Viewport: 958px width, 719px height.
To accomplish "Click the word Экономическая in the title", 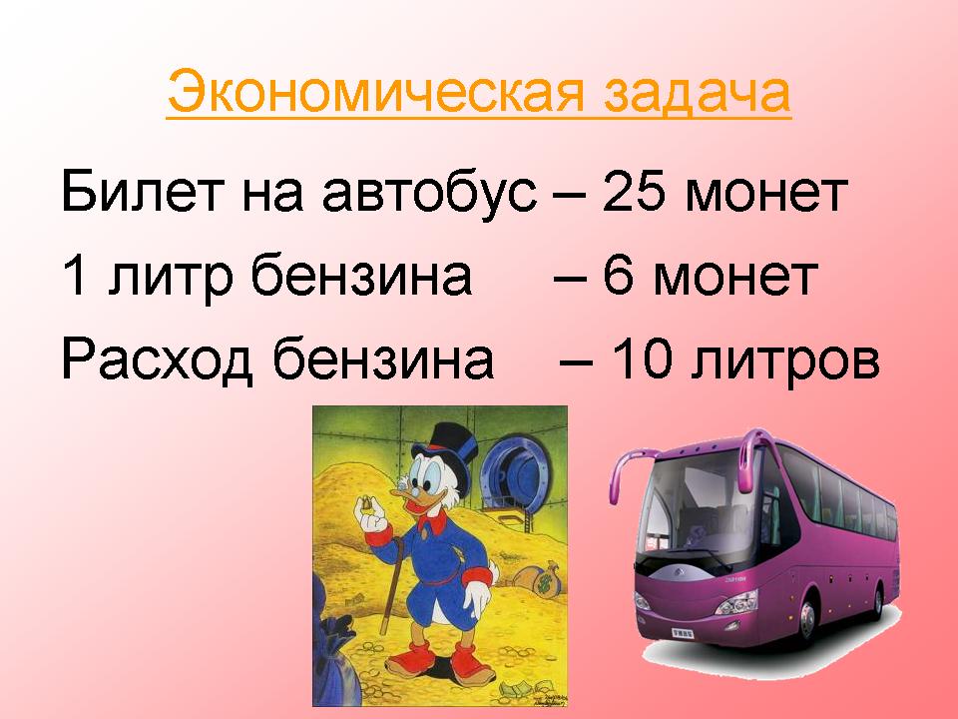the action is [x=376, y=92].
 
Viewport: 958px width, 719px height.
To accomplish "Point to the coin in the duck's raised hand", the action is [x=367, y=503].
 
